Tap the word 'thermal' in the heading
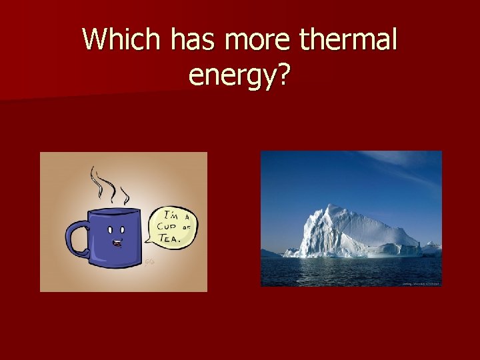pyautogui.click(x=348, y=41)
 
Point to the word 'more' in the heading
pyautogui.click(x=260, y=41)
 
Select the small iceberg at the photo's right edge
pyautogui.click(x=432, y=249)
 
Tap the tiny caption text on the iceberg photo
pyautogui.click(x=421, y=283)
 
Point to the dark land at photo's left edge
pyautogui.click(x=269, y=254)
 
